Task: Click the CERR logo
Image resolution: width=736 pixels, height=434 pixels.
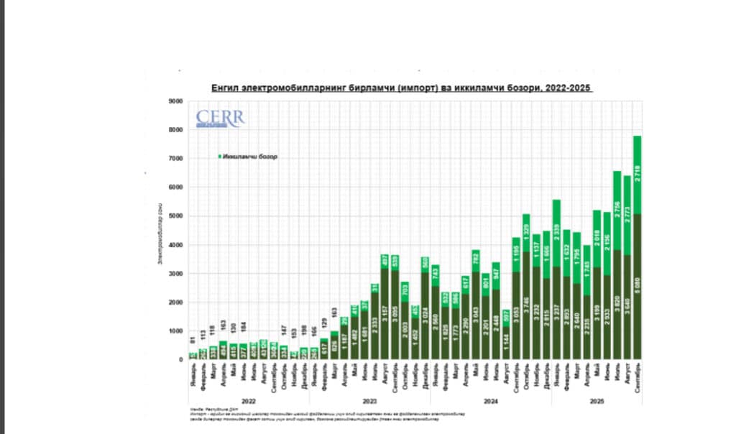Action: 221,119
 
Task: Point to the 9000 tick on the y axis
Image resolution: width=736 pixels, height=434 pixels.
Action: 175,101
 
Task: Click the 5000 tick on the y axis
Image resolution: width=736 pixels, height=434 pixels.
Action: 175,216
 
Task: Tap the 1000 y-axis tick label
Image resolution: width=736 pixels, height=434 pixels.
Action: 175,331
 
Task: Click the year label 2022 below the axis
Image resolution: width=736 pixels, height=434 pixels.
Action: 249,400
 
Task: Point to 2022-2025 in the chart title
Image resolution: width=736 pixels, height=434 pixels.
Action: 569,88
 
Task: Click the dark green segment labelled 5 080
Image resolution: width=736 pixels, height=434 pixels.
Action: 637,287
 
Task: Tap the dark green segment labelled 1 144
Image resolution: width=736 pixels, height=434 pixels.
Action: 505,343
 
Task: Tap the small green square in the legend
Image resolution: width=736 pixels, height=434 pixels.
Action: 219,157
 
